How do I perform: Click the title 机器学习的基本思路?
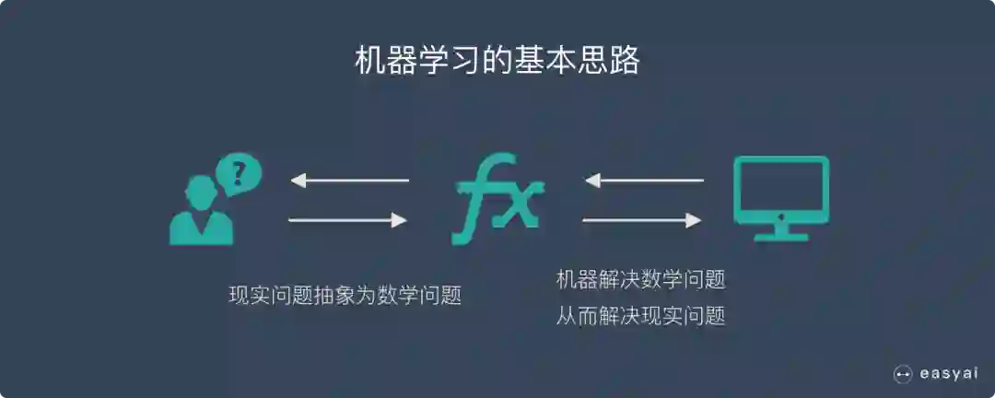[497, 61]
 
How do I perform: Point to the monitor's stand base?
[780, 236]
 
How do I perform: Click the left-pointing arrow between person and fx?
[349, 180]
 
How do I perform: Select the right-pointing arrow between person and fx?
[349, 219]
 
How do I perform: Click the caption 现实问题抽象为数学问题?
[345, 296]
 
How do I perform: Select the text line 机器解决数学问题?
[640, 278]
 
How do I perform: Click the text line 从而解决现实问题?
[640, 317]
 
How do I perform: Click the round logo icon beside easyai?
[903, 373]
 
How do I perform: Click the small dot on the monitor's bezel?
[780, 217]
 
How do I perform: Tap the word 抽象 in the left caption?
[324, 296]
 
